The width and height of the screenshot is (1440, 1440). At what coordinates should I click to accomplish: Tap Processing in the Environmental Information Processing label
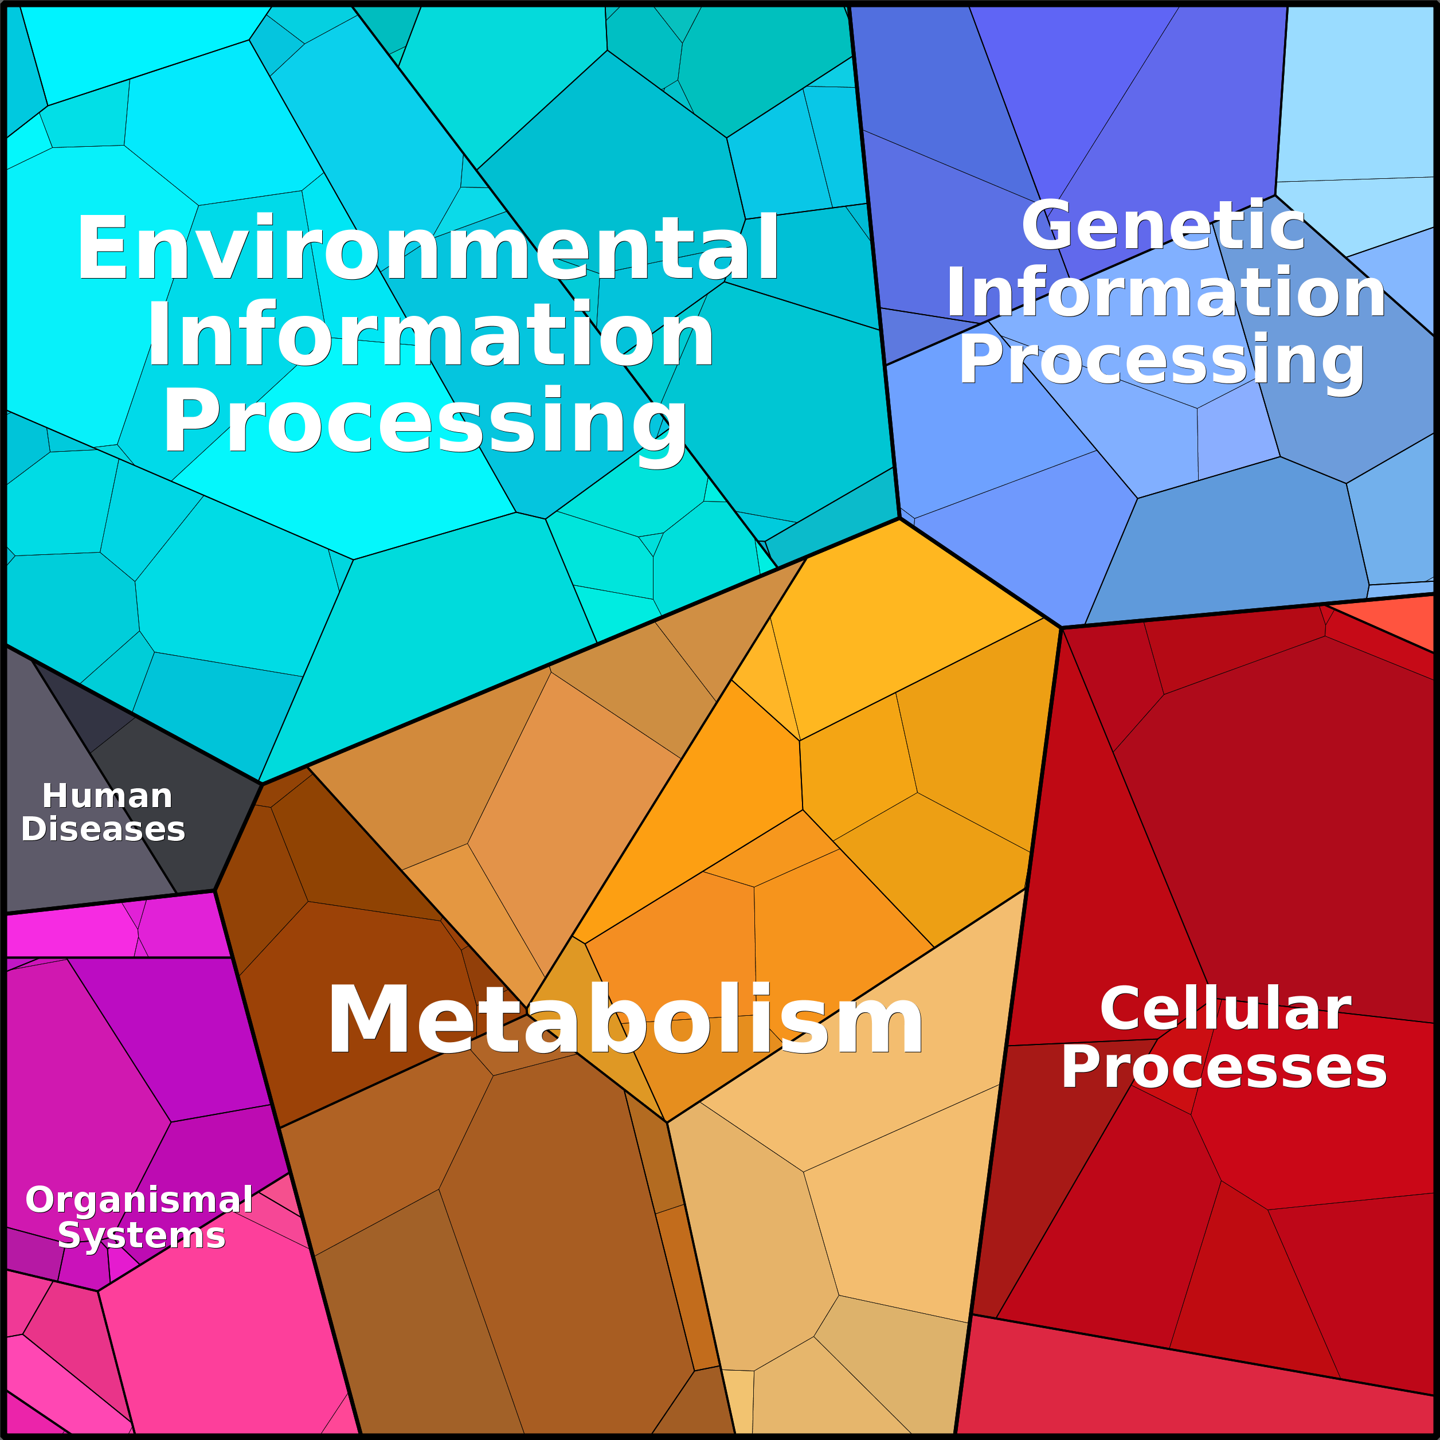(425, 422)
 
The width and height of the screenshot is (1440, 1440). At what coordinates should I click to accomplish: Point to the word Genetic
(1163, 225)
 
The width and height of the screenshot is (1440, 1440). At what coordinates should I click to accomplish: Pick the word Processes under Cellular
(1224, 1067)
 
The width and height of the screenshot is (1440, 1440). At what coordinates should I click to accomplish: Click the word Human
(107, 796)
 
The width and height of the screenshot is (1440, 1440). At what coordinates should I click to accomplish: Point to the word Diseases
(103, 829)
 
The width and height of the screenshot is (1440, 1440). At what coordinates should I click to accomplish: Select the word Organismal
(139, 1200)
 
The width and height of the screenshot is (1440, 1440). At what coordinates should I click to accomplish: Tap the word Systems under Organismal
(142, 1235)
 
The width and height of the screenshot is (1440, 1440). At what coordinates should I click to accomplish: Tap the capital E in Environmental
(101, 248)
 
